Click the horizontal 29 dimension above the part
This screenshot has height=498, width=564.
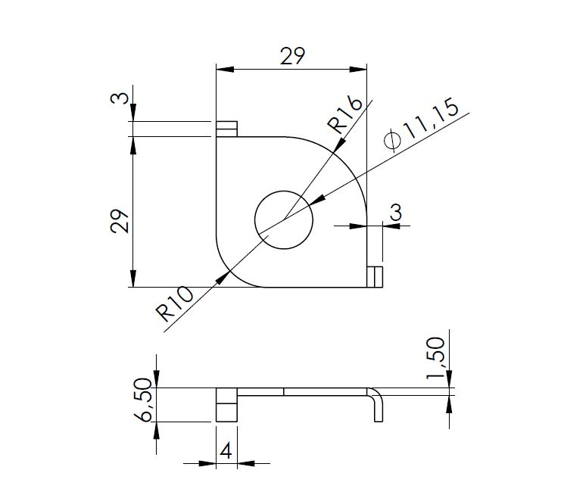[292, 57]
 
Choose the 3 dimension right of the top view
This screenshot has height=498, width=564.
[395, 213]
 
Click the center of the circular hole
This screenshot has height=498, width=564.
[284, 220]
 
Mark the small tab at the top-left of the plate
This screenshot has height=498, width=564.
[227, 129]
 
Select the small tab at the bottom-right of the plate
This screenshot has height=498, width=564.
[375, 277]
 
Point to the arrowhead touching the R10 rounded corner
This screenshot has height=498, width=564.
[223, 275]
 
